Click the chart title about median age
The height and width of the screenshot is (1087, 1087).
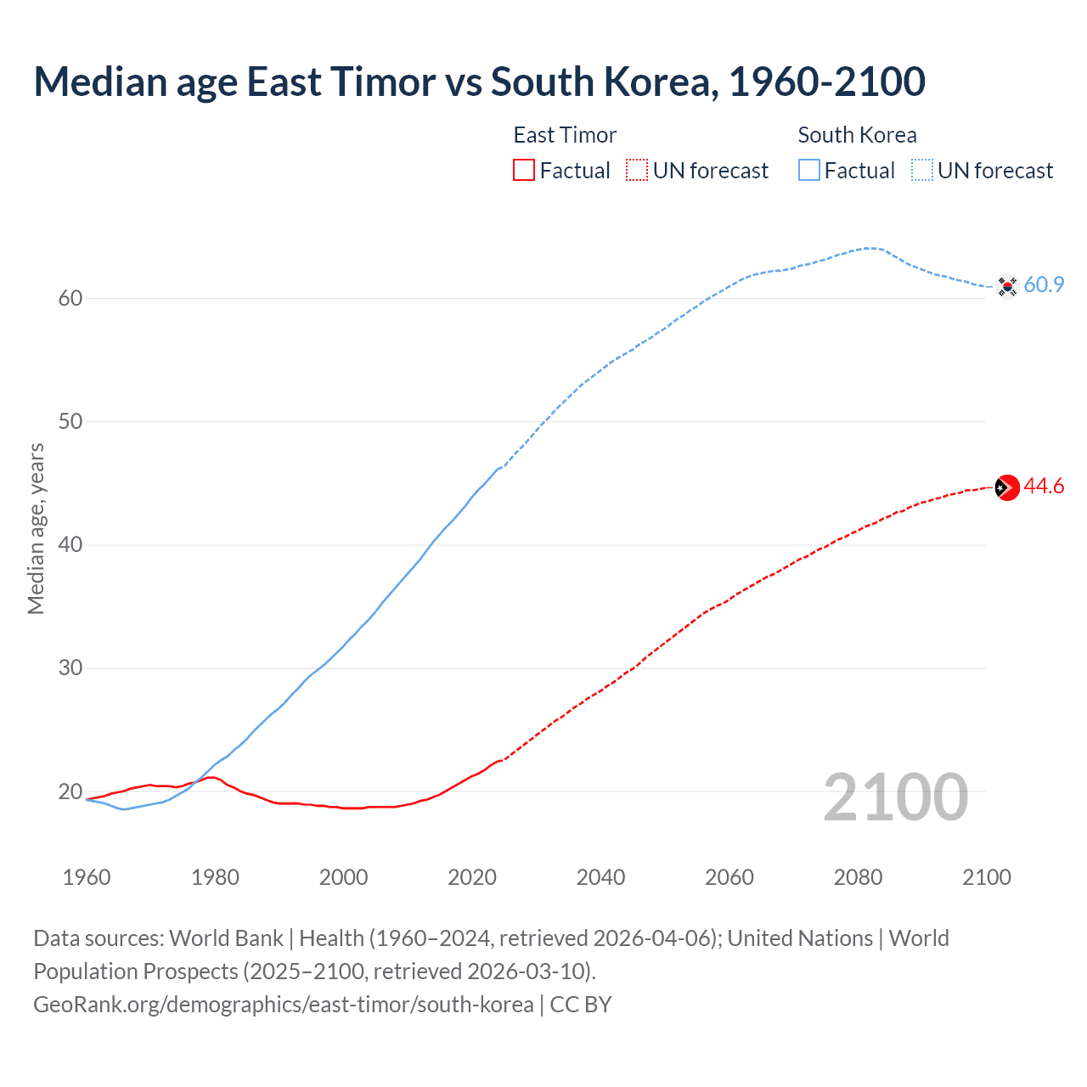[x=479, y=82]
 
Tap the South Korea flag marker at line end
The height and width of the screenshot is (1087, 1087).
[x=1006, y=286]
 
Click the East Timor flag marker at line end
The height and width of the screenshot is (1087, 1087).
[x=1006, y=487]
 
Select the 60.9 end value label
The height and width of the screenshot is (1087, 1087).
[x=1044, y=285]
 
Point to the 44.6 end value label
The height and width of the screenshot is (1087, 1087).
[x=1044, y=487]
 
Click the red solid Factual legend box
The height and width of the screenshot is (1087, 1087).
[x=524, y=171]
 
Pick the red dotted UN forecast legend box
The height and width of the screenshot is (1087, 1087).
[x=637, y=171]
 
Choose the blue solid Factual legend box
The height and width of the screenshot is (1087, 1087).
[x=809, y=171]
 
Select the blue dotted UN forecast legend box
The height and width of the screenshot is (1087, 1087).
[x=921, y=171]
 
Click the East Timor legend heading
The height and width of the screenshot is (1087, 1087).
[x=565, y=135]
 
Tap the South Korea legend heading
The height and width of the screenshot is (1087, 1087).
[x=857, y=135]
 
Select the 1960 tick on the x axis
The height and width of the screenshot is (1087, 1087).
[x=87, y=877]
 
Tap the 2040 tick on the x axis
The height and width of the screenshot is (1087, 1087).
[x=600, y=877]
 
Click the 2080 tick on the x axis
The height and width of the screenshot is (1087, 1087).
[x=858, y=877]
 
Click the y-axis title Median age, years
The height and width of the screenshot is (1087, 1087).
[x=36, y=528]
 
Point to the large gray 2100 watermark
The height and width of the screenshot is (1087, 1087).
[x=895, y=797]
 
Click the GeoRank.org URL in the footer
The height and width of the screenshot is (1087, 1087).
[x=284, y=1005]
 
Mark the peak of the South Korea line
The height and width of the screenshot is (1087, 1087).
[x=870, y=248]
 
